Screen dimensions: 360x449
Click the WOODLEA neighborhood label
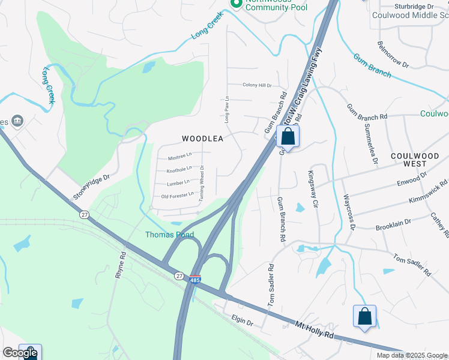click(x=202, y=139)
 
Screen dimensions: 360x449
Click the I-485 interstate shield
click(x=194, y=280)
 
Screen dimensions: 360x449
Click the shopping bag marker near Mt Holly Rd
click(x=364, y=317)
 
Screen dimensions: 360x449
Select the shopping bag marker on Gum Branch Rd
click(x=288, y=137)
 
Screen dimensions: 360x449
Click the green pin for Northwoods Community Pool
click(x=237, y=4)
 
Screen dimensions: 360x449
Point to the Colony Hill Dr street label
click(x=257, y=85)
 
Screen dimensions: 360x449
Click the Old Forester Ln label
click(x=177, y=195)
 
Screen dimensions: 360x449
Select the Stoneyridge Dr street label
click(x=92, y=187)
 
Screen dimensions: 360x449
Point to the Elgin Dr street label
click(x=242, y=321)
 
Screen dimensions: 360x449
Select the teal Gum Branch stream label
click(x=372, y=66)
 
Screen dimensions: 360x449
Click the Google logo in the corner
click(x=20, y=353)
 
